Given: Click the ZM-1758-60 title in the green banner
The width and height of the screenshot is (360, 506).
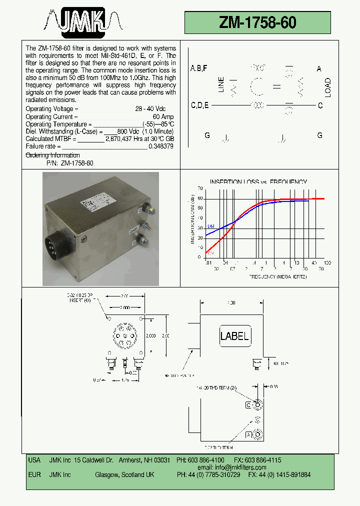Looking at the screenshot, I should pyautogui.click(x=257, y=22).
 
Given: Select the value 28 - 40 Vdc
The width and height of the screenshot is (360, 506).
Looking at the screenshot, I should pyautogui.click(x=150, y=108).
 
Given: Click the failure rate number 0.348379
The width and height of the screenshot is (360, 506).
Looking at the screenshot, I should pyautogui.click(x=161, y=146).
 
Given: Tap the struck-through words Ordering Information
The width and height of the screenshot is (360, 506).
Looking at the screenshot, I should pyautogui.click(x=52, y=155).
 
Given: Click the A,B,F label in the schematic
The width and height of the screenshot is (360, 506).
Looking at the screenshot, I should pyautogui.click(x=198, y=68).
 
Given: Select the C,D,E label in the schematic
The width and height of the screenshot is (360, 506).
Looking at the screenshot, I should pyautogui.click(x=200, y=105).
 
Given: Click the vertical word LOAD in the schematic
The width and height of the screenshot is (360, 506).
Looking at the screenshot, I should pyautogui.click(x=328, y=87).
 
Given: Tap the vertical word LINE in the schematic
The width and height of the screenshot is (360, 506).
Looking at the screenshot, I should pyautogui.click(x=221, y=85).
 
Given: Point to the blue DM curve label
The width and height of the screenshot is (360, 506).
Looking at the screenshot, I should pyautogui.click(x=210, y=226).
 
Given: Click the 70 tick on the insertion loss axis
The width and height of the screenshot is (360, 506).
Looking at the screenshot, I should pyautogui.click(x=200, y=188).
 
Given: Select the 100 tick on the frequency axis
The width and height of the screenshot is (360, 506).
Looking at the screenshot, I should pyautogui.click(x=327, y=263).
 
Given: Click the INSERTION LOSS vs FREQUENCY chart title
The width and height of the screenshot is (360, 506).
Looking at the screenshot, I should pyautogui.click(x=258, y=182).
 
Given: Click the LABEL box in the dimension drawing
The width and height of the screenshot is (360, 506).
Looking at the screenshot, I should pyautogui.click(x=234, y=336).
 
